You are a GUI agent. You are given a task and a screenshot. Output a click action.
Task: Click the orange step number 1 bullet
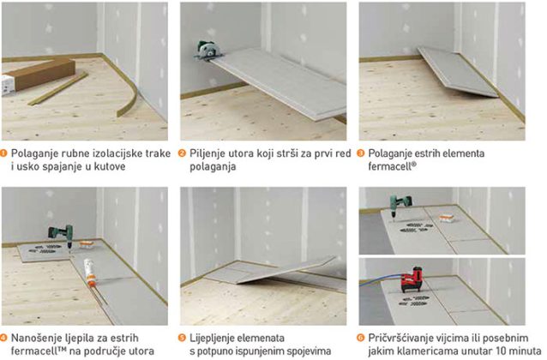click(3, 153)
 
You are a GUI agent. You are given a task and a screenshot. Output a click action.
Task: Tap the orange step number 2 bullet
click(182, 153)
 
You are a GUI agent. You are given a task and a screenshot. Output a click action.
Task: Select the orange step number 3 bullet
click(361, 153)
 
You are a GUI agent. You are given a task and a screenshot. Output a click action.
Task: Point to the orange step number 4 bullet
click(3, 338)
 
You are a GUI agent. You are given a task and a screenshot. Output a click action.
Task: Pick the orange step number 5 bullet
click(182, 338)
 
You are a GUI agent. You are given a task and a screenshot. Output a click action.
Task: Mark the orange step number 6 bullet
click(361, 338)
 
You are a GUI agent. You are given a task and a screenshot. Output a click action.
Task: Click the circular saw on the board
click(208, 51)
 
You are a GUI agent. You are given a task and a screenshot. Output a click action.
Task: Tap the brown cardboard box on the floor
click(38, 76)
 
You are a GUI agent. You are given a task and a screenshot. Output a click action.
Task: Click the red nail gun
click(412, 279)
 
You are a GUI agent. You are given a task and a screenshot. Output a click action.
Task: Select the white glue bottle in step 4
click(90, 273)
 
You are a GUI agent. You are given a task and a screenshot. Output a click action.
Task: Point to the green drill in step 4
click(62, 236)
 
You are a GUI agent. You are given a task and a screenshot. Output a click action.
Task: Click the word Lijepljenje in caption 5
click(212, 338)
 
